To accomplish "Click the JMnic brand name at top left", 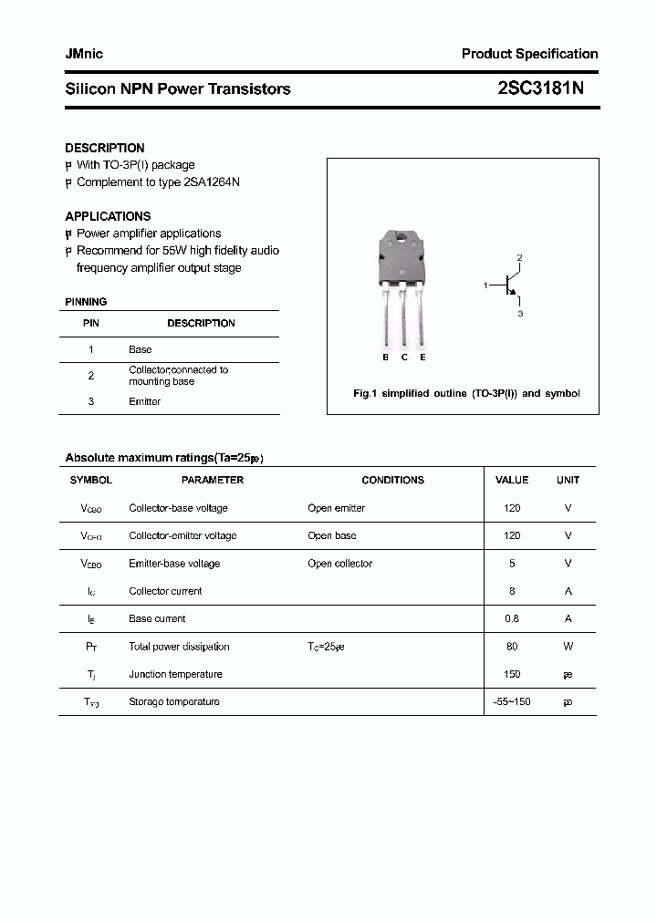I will click(84, 54).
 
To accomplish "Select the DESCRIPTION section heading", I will click(104, 148).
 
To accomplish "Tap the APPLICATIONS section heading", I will click(108, 216).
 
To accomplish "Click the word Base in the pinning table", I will click(140, 349).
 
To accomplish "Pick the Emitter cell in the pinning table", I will click(144, 401).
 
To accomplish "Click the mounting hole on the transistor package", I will click(402, 240).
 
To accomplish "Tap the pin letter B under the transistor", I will click(385, 358).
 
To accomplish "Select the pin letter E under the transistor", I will click(422, 358).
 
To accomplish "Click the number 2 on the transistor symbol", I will click(519, 258).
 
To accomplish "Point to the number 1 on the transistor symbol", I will click(485, 285).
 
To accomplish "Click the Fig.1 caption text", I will click(465, 393).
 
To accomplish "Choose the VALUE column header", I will click(511, 480).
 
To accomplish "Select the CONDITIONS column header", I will click(392, 480).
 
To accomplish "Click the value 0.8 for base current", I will click(511, 618).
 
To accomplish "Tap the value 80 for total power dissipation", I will click(511, 647).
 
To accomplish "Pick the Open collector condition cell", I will click(339, 564).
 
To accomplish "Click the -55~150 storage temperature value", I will click(511, 701).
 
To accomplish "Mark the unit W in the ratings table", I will click(568, 647).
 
